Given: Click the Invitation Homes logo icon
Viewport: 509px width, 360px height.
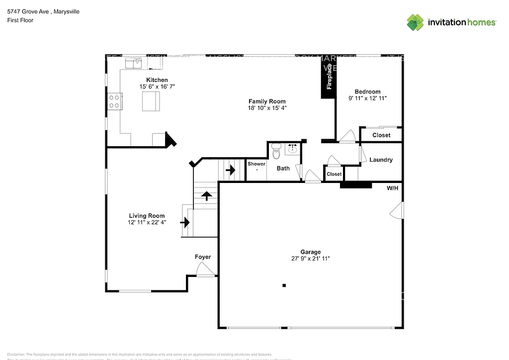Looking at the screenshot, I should [x=416, y=22].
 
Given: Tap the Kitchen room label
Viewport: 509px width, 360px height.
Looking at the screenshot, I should [x=157, y=80].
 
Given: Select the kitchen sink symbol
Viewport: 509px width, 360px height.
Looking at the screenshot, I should [x=133, y=63].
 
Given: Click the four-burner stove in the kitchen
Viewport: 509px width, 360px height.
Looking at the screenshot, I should [x=114, y=101].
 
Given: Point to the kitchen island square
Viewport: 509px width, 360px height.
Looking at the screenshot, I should [x=151, y=102].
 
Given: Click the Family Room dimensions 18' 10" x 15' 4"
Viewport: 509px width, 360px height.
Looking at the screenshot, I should [x=267, y=108].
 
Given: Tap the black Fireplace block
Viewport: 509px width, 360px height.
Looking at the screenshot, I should [x=328, y=77].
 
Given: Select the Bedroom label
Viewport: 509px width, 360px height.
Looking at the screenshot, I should [x=367, y=91].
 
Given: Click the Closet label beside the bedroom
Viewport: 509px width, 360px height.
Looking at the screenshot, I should [x=381, y=135].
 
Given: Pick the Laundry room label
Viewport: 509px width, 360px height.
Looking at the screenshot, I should [x=381, y=160].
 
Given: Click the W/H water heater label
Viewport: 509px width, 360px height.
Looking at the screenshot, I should [x=393, y=188].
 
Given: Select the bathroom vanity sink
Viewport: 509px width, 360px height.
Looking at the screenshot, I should [x=293, y=148].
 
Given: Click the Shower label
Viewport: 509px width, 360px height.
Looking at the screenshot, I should [x=256, y=164].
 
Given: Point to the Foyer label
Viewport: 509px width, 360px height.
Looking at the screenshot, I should [x=202, y=257].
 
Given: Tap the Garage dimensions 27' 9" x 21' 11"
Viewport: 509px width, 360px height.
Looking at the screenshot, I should [x=310, y=259].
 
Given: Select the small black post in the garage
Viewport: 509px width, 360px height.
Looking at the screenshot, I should [x=284, y=285].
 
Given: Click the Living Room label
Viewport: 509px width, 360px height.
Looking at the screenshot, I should [x=147, y=216].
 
